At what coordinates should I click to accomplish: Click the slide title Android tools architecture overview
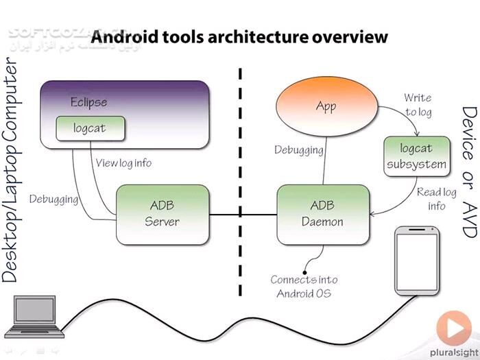pos(239,36)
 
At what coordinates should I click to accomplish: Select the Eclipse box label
pos(89,103)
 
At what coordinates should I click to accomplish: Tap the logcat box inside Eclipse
pos(90,128)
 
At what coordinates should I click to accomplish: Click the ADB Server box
pos(162,214)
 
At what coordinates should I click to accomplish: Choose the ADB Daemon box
pos(323,214)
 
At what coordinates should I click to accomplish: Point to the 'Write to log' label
pos(418,105)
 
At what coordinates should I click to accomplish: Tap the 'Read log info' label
pos(437,199)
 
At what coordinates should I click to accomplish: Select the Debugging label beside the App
pos(298,149)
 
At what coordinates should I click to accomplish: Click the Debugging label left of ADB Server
pos(53,199)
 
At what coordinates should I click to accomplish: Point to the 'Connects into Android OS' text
pos(304,287)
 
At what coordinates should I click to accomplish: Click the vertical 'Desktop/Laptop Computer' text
pos(12,171)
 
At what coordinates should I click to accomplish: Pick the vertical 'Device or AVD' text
pos(468,171)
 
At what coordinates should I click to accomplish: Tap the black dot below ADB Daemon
pos(304,272)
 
